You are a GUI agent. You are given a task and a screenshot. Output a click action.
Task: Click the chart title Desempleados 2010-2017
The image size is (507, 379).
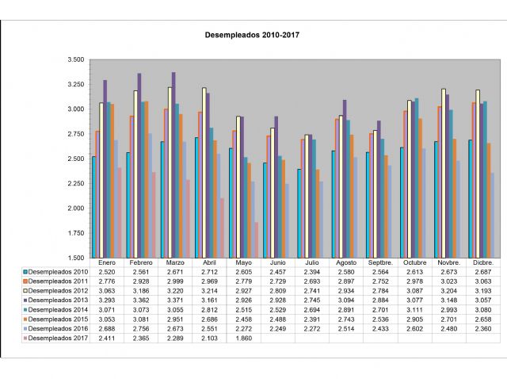pyautogui.click(x=253, y=35)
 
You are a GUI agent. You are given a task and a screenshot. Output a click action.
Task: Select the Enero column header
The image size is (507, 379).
pyautogui.click(x=107, y=262)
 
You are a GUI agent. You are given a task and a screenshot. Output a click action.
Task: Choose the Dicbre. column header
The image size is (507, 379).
pyautogui.click(x=482, y=262)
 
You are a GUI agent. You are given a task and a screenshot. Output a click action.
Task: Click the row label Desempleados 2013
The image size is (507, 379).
pyautogui.click(x=58, y=300)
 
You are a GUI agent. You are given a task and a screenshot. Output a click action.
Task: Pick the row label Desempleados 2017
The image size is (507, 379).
pyautogui.click(x=58, y=338)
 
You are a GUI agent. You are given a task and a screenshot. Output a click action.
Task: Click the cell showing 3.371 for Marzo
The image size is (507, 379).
pyautogui.click(x=175, y=300)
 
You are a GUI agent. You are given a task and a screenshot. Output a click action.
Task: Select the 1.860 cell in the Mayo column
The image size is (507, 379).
pyautogui.click(x=243, y=338)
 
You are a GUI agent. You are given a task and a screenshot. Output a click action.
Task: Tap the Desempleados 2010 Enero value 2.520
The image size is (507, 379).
pyautogui.click(x=107, y=271)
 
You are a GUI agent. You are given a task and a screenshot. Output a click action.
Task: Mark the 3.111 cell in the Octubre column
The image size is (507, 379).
pyautogui.click(x=414, y=309)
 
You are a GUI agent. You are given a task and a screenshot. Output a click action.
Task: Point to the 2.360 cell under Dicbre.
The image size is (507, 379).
pyautogui.click(x=482, y=328)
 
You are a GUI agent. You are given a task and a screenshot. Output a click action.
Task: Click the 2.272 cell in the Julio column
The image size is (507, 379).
pyautogui.click(x=311, y=328)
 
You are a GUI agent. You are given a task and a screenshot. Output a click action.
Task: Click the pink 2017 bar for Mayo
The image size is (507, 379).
pyautogui.click(x=257, y=240)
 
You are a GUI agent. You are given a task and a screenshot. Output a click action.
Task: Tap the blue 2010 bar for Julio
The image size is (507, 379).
pyautogui.click(x=299, y=213)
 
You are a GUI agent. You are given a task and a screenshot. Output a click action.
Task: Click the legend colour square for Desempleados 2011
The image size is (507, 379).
pyautogui.click(x=26, y=281)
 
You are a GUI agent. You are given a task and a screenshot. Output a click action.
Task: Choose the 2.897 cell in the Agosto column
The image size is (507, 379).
pyautogui.click(x=345, y=281)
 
